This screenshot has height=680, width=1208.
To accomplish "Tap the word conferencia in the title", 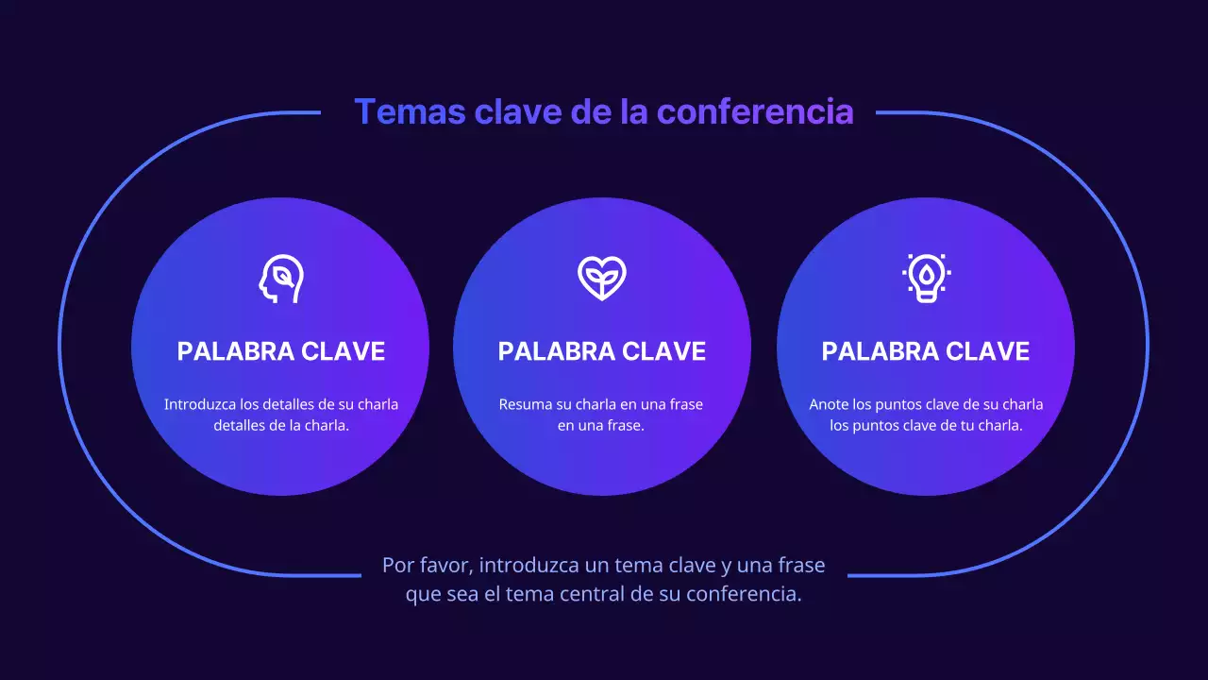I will (x=755, y=111).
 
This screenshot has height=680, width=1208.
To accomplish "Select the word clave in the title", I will (x=518, y=111).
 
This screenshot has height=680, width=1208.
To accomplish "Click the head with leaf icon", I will (x=281, y=279).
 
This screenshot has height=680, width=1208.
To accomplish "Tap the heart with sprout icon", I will (x=602, y=279).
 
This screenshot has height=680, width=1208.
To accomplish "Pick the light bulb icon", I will (x=926, y=279).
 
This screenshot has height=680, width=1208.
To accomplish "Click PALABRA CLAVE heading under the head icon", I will (x=281, y=351).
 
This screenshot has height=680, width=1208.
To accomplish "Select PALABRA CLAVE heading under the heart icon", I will (x=602, y=351).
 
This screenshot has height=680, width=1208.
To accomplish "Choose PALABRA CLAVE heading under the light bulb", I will (x=926, y=351).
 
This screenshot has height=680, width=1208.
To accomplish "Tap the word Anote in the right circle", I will (x=830, y=404).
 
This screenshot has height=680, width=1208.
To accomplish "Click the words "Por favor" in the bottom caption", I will (x=426, y=566).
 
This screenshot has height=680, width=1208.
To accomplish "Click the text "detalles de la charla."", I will (x=281, y=426).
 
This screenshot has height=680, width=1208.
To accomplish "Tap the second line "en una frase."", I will (x=601, y=426).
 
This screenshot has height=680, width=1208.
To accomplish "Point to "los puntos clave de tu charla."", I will (x=926, y=426).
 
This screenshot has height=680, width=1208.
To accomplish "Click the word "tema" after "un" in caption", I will (x=639, y=566).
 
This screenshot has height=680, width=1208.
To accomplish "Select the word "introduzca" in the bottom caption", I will (x=528, y=566).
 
